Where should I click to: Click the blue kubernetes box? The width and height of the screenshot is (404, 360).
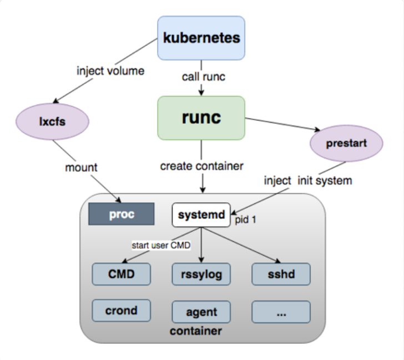click(x=201, y=38)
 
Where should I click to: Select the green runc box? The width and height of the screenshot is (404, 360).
click(x=201, y=118)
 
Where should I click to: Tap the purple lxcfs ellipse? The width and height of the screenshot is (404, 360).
click(x=53, y=122)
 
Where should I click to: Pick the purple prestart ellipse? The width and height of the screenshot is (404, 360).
click(x=346, y=143)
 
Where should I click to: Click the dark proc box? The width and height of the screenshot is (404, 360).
click(x=122, y=214)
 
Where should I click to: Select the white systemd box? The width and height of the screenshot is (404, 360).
click(x=201, y=215)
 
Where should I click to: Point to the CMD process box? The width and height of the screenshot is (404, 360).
click(x=122, y=274)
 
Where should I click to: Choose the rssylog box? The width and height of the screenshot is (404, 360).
click(x=201, y=274)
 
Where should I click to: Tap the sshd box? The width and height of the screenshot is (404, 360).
click(x=281, y=274)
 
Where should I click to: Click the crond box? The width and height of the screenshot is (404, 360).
click(x=122, y=311)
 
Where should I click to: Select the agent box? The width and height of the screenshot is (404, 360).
click(x=201, y=312)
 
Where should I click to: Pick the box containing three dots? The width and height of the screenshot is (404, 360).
click(x=281, y=312)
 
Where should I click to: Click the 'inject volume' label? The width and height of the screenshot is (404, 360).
click(x=110, y=71)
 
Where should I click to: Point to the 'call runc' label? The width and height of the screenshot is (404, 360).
click(x=204, y=77)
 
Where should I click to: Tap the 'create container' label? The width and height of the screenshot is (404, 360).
click(x=202, y=166)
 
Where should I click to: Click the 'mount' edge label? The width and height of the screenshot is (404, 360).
click(x=82, y=168)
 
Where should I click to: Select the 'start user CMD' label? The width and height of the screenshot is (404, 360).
click(x=161, y=245)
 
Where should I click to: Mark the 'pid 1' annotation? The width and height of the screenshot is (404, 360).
click(x=245, y=219)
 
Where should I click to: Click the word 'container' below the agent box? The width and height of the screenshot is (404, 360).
click(x=196, y=331)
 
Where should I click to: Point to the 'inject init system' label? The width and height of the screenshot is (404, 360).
click(x=308, y=181)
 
